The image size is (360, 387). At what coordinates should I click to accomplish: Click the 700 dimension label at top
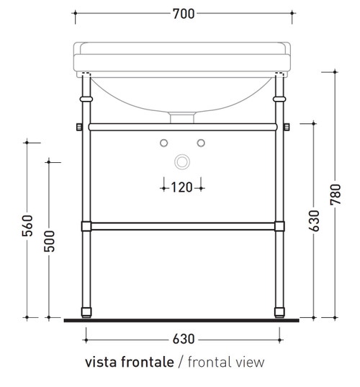tap(184, 13)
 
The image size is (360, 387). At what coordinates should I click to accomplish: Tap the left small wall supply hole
tap(164, 140)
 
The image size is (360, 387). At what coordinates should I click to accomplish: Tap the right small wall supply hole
tap(202, 140)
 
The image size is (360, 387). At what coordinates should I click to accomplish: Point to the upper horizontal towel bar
tap(183, 127)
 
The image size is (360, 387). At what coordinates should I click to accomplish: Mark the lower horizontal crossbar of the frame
tap(183, 226)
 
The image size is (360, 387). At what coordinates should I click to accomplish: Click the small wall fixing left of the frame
tap(78, 128)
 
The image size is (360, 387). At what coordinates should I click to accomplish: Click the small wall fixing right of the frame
tap(288, 128)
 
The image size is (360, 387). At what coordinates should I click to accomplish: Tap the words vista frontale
tap(129, 362)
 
